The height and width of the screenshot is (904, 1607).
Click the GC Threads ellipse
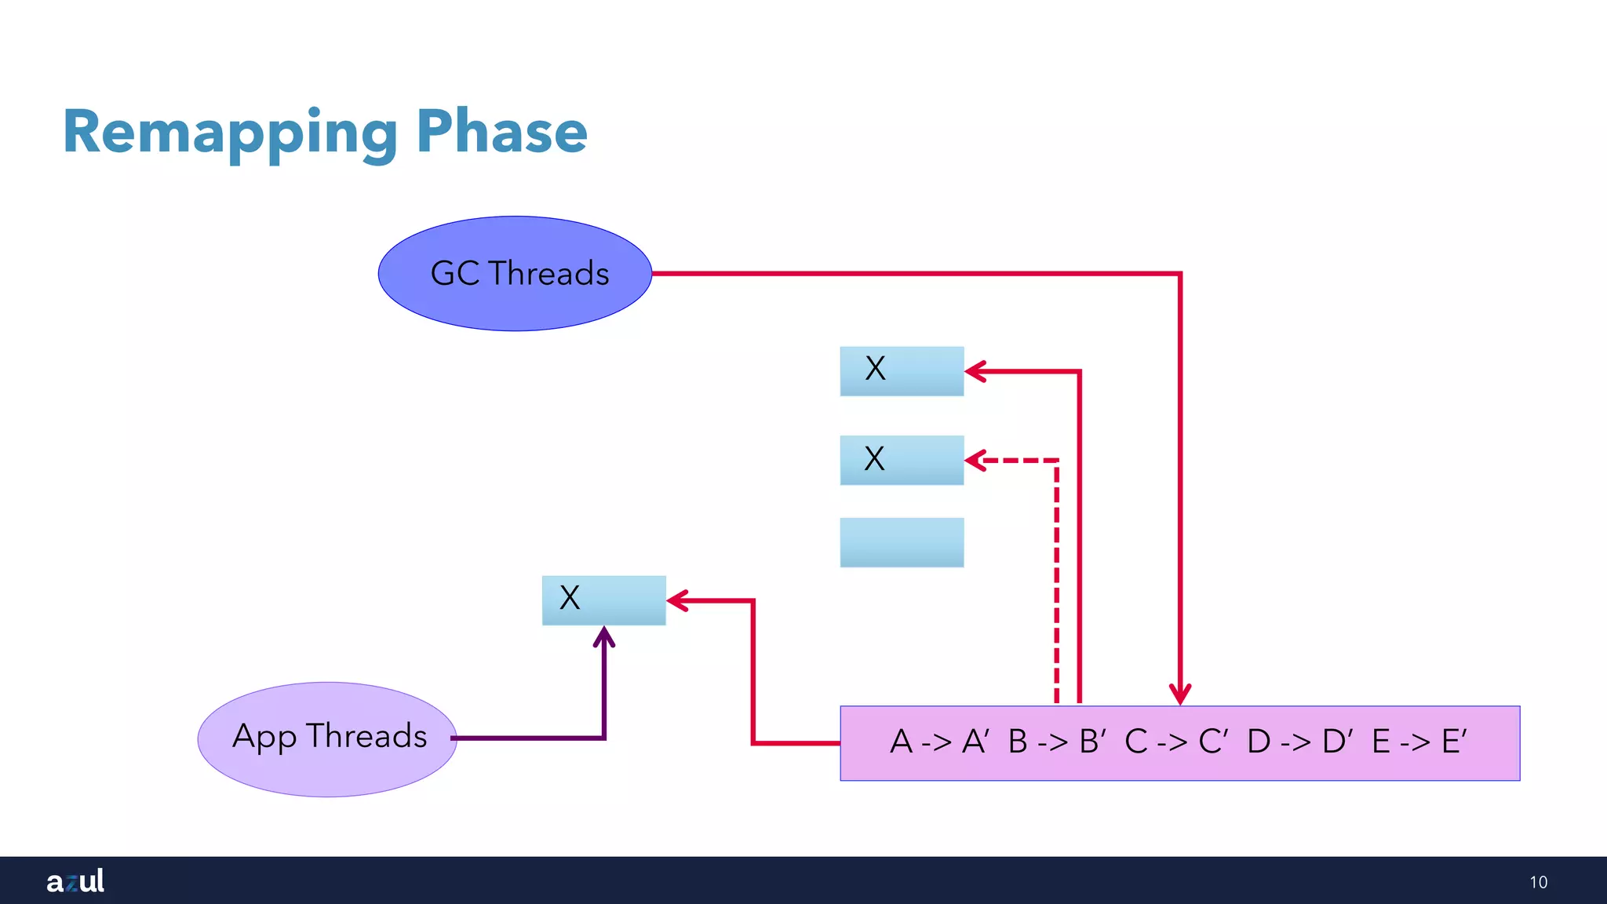click(516, 274)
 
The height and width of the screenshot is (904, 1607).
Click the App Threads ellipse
click(327, 738)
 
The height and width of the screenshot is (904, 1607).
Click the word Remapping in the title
click(230, 133)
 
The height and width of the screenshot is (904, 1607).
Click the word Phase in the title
click(502, 131)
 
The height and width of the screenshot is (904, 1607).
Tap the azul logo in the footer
click(75, 880)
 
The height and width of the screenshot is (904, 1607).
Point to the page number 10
click(1538, 882)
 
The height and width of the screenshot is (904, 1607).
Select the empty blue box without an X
click(902, 542)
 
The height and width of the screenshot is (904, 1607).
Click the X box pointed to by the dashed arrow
click(902, 460)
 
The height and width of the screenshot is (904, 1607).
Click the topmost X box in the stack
click(902, 370)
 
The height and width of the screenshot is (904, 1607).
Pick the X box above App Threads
click(603, 600)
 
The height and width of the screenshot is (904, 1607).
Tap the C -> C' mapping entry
click(1175, 742)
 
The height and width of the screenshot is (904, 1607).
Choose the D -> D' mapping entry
click(1299, 742)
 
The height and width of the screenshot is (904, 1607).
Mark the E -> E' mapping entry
click(1419, 742)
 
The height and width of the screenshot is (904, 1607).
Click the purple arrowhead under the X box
click(603, 636)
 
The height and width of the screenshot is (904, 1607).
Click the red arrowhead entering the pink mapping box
click(1180, 694)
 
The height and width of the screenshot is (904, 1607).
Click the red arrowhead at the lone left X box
click(677, 601)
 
